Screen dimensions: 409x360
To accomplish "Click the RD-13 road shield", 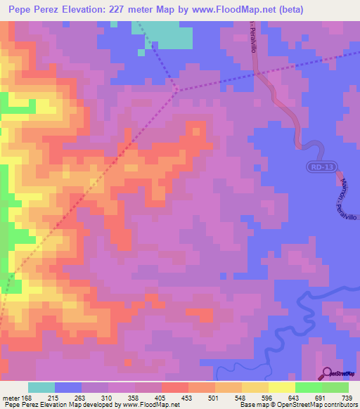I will (x=323, y=167).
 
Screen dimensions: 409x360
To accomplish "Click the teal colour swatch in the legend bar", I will (x=41, y=387).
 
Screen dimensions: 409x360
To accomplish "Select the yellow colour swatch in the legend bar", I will (x=281, y=387).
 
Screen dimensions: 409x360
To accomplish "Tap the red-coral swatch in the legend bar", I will (x=174, y=387).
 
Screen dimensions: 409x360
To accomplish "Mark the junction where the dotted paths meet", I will (x=176, y=89).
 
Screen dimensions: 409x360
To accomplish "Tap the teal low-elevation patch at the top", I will (x=169, y=34).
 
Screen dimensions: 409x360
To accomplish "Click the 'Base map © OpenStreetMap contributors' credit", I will (x=297, y=405).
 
